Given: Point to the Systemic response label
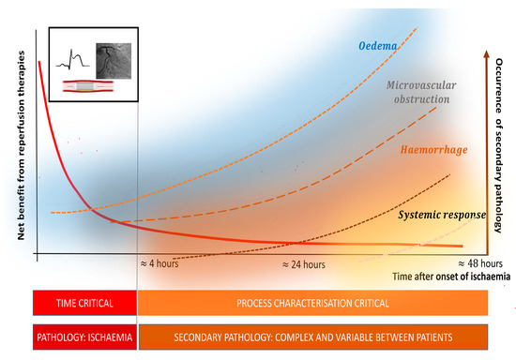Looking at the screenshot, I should coord(441,215).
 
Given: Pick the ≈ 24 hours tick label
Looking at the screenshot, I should coord(305,265).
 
